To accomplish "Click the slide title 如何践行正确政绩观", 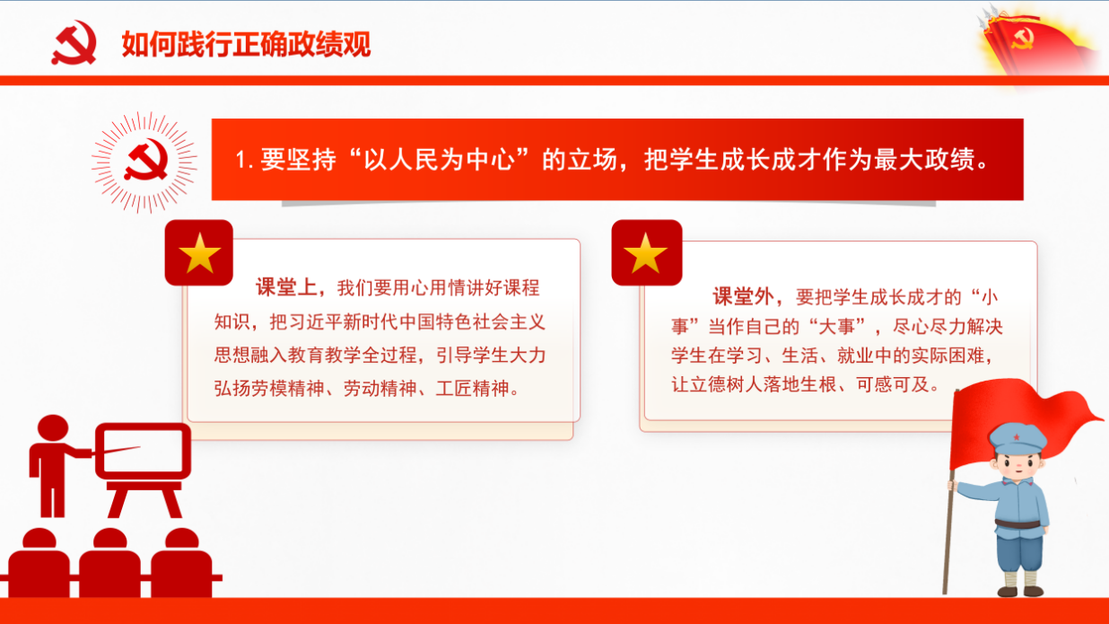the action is click(246, 45).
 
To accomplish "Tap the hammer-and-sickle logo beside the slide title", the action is click(74, 42).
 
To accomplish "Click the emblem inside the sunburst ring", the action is click(146, 160).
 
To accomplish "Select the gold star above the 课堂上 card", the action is click(199, 253).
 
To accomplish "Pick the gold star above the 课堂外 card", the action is click(646, 253).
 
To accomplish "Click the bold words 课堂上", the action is click(286, 287).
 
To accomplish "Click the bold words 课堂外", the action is click(743, 296).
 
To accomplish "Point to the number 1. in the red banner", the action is click(244, 160).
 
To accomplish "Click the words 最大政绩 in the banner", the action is click(924, 160).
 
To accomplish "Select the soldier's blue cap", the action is click(1017, 438).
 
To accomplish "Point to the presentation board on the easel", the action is click(143, 451).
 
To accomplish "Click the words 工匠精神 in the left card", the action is click(472, 388).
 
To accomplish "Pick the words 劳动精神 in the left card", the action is click(380, 388).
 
